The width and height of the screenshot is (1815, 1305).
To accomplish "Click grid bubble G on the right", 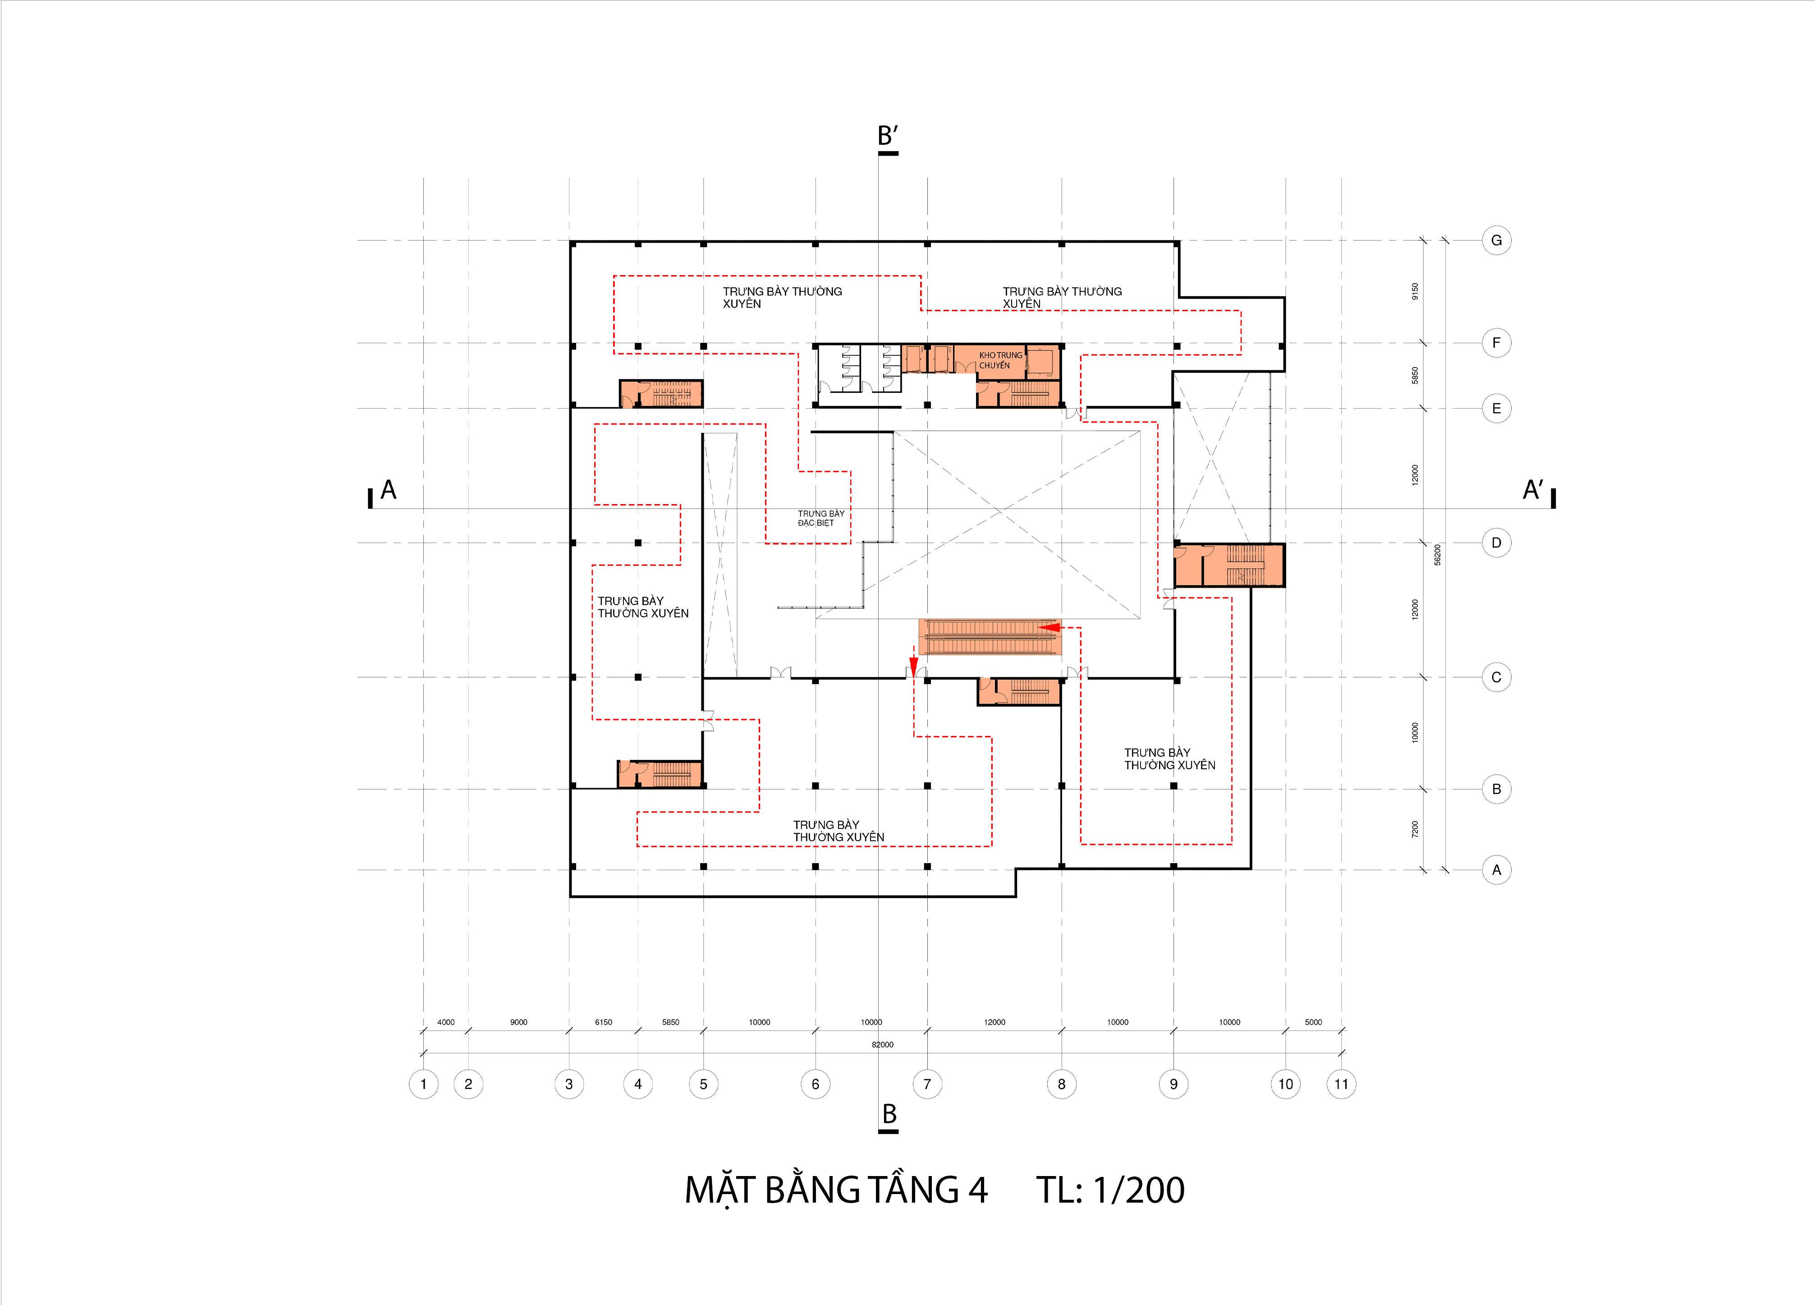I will (1496, 240).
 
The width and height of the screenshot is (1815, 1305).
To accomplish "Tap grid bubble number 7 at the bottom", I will (927, 1084).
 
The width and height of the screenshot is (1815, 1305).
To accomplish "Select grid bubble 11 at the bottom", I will (1341, 1084).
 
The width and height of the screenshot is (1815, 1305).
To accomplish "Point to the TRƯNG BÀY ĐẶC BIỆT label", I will (820, 518).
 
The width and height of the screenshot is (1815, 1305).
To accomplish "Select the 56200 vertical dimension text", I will (1437, 555).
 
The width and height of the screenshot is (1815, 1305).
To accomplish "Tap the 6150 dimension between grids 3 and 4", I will (603, 1022).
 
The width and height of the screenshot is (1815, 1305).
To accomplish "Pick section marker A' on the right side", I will (1532, 490).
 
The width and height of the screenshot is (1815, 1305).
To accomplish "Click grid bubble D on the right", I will (1496, 543).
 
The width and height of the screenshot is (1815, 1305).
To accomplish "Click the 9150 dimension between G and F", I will (1415, 291).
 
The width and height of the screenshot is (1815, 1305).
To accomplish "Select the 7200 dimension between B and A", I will (1415, 829).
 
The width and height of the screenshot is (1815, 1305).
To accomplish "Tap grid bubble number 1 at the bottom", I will (423, 1084).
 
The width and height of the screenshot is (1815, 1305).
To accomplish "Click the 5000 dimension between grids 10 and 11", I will (1313, 1022).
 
